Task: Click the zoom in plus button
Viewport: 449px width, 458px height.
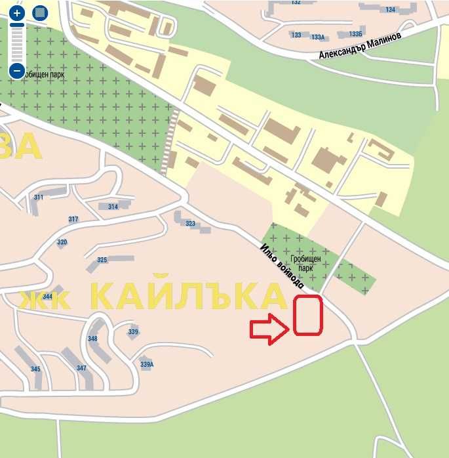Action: click(x=17, y=12)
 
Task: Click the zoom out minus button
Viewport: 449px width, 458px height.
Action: click(x=17, y=70)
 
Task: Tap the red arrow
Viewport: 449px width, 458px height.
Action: click(x=268, y=329)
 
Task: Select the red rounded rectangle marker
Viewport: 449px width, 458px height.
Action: click(x=307, y=316)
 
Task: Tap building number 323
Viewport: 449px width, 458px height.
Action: click(x=190, y=224)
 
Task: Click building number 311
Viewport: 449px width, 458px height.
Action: click(x=39, y=198)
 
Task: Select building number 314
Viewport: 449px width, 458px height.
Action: click(x=113, y=207)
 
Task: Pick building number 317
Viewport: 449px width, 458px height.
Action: click(x=73, y=219)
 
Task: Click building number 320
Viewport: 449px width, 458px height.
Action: click(x=62, y=242)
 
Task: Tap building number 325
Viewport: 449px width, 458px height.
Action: click(x=102, y=260)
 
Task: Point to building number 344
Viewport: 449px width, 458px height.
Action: click(x=47, y=297)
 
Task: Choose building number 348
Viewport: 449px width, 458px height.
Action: click(x=92, y=339)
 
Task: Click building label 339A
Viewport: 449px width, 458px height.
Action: click(x=147, y=364)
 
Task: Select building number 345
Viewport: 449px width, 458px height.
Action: click(x=35, y=369)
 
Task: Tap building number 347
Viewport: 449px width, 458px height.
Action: click(x=81, y=368)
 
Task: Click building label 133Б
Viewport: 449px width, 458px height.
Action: click(x=356, y=33)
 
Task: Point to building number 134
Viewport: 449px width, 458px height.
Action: click(x=391, y=10)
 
